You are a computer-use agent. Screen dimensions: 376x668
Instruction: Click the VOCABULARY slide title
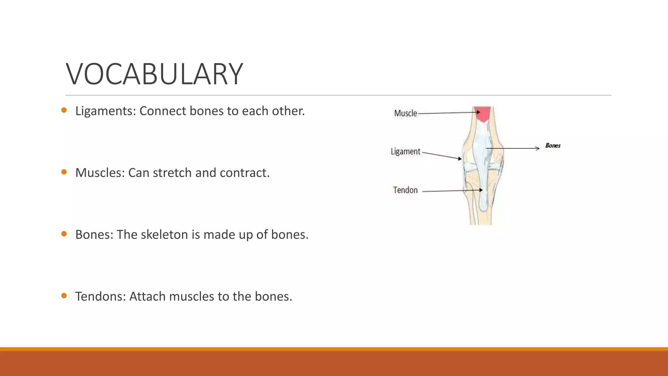point(154,74)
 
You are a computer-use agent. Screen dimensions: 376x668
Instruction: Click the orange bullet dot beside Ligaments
point(64,110)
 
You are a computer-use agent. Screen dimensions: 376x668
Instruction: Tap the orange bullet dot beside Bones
point(64,234)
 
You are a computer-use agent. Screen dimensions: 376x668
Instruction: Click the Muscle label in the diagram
point(405,113)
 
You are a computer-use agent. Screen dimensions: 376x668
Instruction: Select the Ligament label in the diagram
point(405,152)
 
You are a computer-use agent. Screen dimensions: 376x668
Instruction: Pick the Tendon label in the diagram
point(405,190)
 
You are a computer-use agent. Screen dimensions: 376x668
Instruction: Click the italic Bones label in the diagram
point(553,146)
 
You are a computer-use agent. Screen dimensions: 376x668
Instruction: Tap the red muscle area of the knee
point(482,114)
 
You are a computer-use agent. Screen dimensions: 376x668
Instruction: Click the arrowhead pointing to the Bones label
point(537,149)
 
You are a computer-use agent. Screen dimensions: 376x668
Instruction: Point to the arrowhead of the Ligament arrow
point(460,159)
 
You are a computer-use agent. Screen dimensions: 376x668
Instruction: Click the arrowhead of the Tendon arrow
point(481,190)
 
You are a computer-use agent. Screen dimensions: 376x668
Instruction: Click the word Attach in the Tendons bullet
point(147,297)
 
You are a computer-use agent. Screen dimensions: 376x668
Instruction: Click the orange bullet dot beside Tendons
point(64,296)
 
